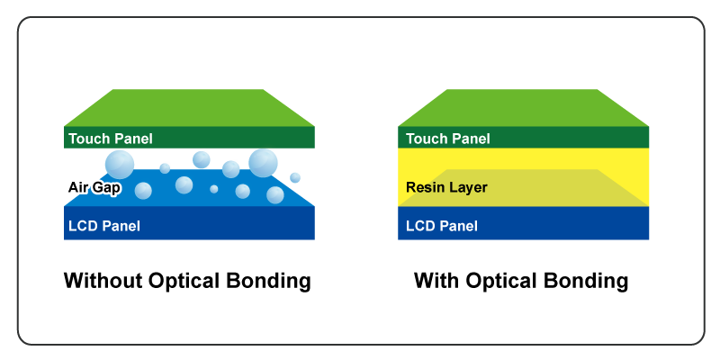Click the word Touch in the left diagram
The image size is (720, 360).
click(88, 139)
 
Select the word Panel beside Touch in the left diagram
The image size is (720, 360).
click(132, 139)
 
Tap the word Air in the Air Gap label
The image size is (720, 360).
click(78, 187)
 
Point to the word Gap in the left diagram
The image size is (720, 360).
click(106, 187)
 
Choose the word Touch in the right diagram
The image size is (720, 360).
click(426, 139)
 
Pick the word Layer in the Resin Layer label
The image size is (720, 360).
click(469, 188)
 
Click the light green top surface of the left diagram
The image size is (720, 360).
click(189, 107)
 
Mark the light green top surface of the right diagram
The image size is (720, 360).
click(523, 107)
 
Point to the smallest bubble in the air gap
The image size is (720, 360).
click(214, 189)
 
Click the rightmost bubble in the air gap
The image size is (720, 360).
click(296, 175)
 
